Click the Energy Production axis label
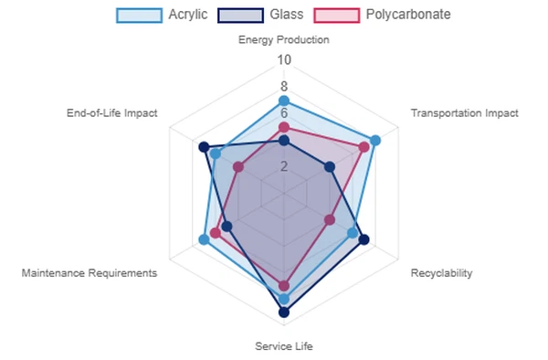[283, 39]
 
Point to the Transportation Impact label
[464, 113]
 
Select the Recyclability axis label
[441, 273]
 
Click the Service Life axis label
[283, 345]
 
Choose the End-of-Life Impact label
[112, 113]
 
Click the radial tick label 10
[284, 60]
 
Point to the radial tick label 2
[284, 166]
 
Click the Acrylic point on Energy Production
[283, 101]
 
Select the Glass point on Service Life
[283, 312]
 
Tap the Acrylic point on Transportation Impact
[374, 140]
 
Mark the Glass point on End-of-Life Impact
[204, 146]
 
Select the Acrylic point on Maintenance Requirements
[204, 239]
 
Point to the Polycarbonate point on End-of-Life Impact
[237, 166]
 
